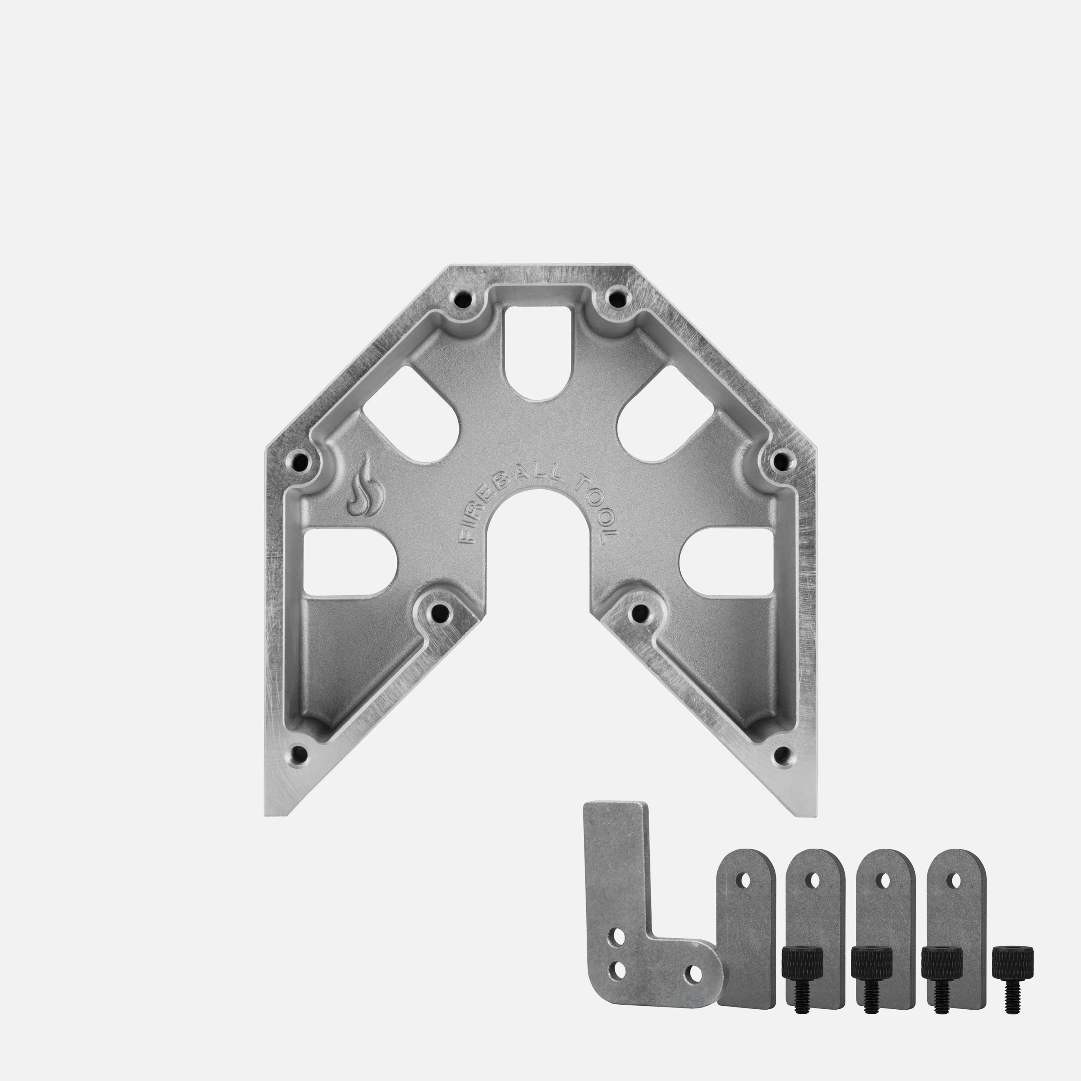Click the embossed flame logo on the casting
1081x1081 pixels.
pos(365,489)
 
